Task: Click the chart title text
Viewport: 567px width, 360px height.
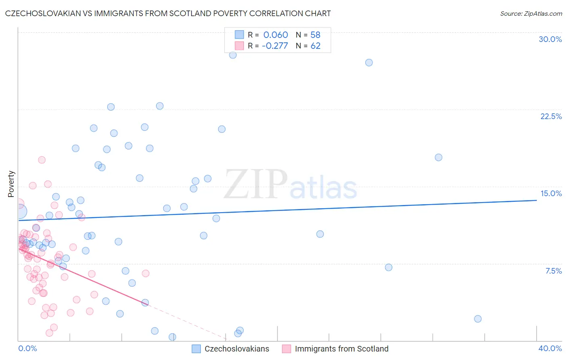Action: (168, 13)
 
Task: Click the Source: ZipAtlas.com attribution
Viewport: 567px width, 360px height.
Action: (531, 13)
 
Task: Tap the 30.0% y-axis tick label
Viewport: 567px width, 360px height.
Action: (550, 39)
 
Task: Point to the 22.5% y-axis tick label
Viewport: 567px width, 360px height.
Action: (551, 116)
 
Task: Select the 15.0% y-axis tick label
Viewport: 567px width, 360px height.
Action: (551, 193)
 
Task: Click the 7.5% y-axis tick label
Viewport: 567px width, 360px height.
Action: (553, 271)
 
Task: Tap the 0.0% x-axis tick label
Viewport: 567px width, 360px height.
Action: (27, 348)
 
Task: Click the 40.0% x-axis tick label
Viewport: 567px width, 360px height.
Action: (550, 348)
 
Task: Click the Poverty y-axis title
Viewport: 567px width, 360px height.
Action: (11, 184)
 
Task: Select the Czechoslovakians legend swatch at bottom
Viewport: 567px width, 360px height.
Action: (196, 349)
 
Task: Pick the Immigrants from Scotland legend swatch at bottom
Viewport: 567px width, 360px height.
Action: (286, 349)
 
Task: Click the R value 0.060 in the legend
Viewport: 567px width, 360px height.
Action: (275, 35)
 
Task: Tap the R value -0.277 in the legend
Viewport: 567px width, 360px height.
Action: (275, 46)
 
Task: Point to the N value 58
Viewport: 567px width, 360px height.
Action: (315, 35)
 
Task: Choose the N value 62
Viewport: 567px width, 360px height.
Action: (315, 46)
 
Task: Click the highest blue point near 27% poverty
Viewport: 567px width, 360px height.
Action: (233, 55)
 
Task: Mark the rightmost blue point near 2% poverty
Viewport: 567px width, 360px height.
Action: (478, 319)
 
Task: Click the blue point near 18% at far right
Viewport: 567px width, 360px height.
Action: (438, 157)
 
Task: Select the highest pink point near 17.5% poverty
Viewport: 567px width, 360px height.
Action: (42, 160)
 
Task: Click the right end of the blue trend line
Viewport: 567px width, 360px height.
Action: (536, 200)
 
